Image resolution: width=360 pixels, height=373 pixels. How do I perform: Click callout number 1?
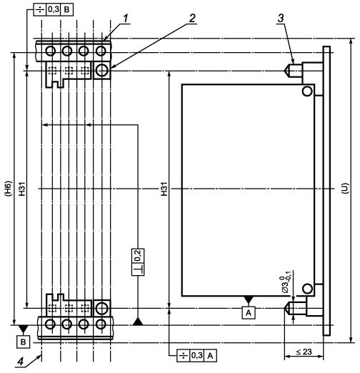tap(126, 19)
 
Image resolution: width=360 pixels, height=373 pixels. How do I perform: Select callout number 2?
tap(192, 19)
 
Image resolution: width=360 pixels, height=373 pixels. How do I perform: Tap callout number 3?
tap(281, 19)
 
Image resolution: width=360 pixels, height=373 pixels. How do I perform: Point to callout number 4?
tap(21, 362)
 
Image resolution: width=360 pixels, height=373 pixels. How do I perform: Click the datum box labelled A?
tap(249, 312)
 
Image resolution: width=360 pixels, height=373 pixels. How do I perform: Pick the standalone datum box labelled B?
tap(23, 342)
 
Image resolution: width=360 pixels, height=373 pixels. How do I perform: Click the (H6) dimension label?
tap(8, 189)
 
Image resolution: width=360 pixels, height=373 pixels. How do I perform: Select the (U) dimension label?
tap(345, 188)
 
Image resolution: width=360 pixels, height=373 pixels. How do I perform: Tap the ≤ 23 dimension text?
tap(304, 352)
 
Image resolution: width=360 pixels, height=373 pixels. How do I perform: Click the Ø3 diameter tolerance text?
tap(286, 284)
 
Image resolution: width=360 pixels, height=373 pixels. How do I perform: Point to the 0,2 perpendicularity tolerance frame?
tap(138, 262)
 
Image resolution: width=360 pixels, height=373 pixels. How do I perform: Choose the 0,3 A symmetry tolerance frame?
tap(196, 356)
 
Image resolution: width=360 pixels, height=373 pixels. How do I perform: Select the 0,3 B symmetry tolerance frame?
tap(53, 9)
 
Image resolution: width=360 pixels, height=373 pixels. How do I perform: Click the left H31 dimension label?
tap(22, 189)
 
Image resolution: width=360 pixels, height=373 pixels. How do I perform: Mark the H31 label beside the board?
tap(164, 189)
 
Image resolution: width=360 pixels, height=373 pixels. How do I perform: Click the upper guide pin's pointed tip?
tap(284, 71)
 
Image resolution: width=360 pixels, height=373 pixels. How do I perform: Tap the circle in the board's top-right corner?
tap(307, 91)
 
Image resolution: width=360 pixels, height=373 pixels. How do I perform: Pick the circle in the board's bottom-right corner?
tap(307, 289)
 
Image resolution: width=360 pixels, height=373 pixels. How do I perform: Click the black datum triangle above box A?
tap(249, 300)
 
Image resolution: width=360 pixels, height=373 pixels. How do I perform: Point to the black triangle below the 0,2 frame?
tap(138, 322)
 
